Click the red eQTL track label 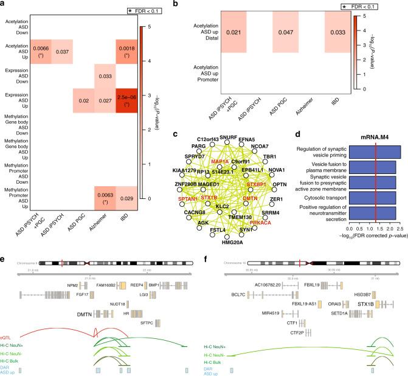pyautogui.click(x=7, y=335)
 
